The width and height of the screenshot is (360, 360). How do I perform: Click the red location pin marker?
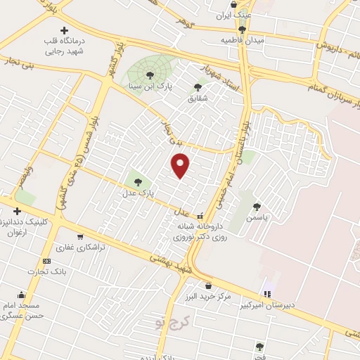181,165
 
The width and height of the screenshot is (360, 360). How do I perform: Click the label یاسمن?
257,218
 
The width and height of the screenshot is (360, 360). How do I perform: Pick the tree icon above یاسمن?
257,207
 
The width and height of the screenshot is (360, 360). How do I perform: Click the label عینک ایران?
234,15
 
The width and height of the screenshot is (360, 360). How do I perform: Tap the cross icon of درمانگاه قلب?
65,30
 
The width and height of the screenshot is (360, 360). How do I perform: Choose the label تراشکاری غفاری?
80,248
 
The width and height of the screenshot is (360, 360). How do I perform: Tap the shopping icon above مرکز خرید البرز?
208,285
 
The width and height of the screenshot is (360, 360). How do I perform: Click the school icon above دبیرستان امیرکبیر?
267,293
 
